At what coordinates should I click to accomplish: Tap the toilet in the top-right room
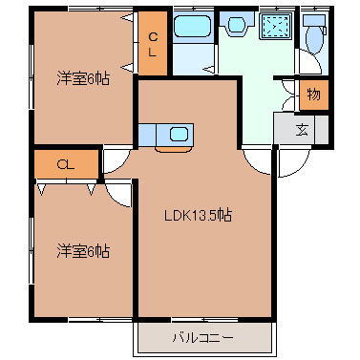click(314, 37)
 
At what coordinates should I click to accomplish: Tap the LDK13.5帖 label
click(196, 216)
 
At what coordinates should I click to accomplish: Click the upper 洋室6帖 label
click(83, 79)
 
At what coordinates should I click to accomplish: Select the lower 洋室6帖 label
click(83, 251)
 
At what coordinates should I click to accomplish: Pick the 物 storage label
click(313, 95)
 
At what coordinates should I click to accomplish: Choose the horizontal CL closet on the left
click(66, 164)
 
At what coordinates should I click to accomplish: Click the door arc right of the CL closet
click(114, 160)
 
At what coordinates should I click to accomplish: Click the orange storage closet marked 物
click(313, 95)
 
